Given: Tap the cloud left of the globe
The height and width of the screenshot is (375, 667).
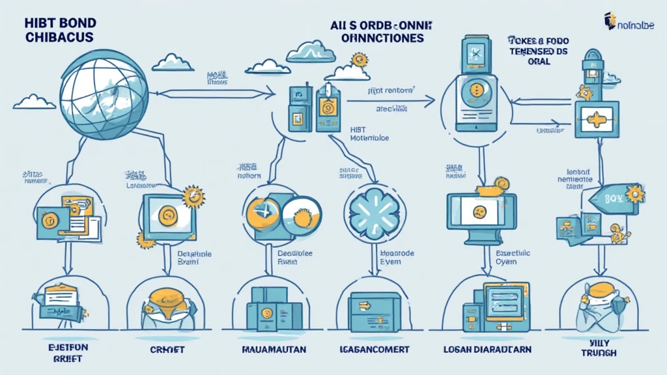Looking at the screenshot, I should coord(33,101).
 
